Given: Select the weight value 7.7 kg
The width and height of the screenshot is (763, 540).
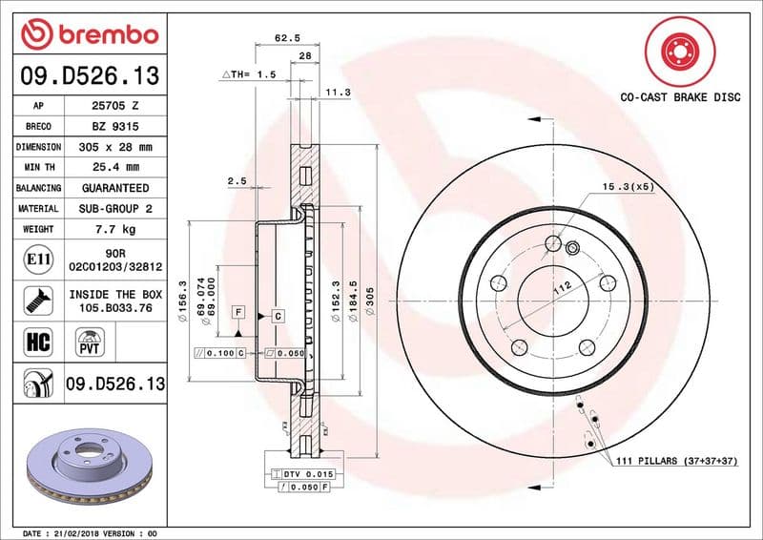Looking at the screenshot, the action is click(x=115, y=229).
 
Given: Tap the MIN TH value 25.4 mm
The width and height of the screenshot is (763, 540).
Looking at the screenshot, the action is click(x=115, y=167).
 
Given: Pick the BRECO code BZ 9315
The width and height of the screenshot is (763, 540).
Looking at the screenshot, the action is click(x=115, y=127).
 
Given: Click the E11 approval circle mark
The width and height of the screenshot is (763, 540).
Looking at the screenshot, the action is click(x=38, y=260).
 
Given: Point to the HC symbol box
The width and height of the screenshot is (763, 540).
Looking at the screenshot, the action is click(x=38, y=342).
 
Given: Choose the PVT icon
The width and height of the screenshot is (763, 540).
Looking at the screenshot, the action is click(x=90, y=342).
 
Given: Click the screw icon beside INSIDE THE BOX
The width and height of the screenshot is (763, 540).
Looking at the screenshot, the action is click(x=38, y=301).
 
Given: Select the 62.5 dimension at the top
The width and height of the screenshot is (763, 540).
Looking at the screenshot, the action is click(x=287, y=37).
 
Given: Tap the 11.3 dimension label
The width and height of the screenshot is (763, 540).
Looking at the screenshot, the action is click(x=338, y=92).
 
